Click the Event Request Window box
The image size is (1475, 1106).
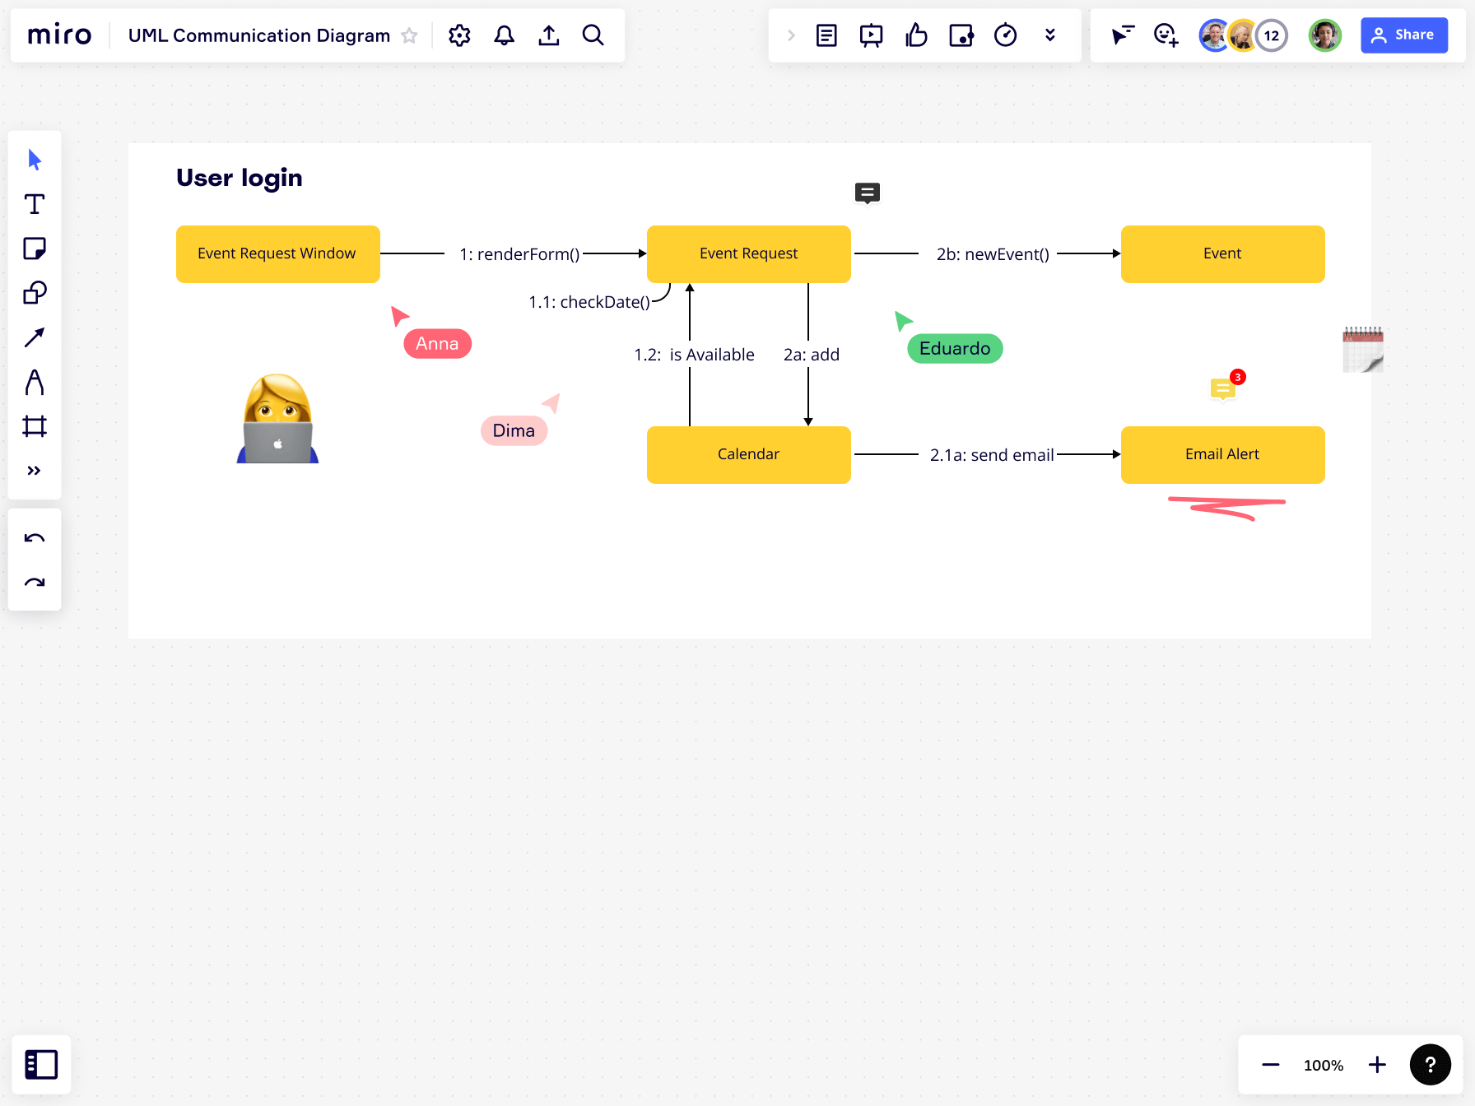(277, 254)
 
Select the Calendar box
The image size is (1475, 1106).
(748, 454)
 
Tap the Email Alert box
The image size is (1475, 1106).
(1222, 454)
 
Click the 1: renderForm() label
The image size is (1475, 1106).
(519, 254)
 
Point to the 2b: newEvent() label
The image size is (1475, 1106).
(993, 254)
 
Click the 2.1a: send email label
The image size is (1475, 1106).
(992, 455)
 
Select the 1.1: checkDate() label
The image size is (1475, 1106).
(589, 302)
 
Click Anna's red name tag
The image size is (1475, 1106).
(437, 344)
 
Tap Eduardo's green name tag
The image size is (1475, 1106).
(955, 349)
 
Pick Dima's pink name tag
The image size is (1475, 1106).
(514, 430)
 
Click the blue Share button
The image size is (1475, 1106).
(1403, 35)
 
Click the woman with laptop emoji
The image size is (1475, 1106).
(278, 420)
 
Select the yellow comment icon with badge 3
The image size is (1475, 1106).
(1223, 388)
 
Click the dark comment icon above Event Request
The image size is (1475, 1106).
(868, 193)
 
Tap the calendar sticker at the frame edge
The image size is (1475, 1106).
(1363, 350)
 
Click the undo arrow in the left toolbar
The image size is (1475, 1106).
(35, 538)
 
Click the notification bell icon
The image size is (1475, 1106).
(504, 35)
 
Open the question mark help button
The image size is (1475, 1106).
(1430, 1065)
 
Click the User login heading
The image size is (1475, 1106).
(240, 178)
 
